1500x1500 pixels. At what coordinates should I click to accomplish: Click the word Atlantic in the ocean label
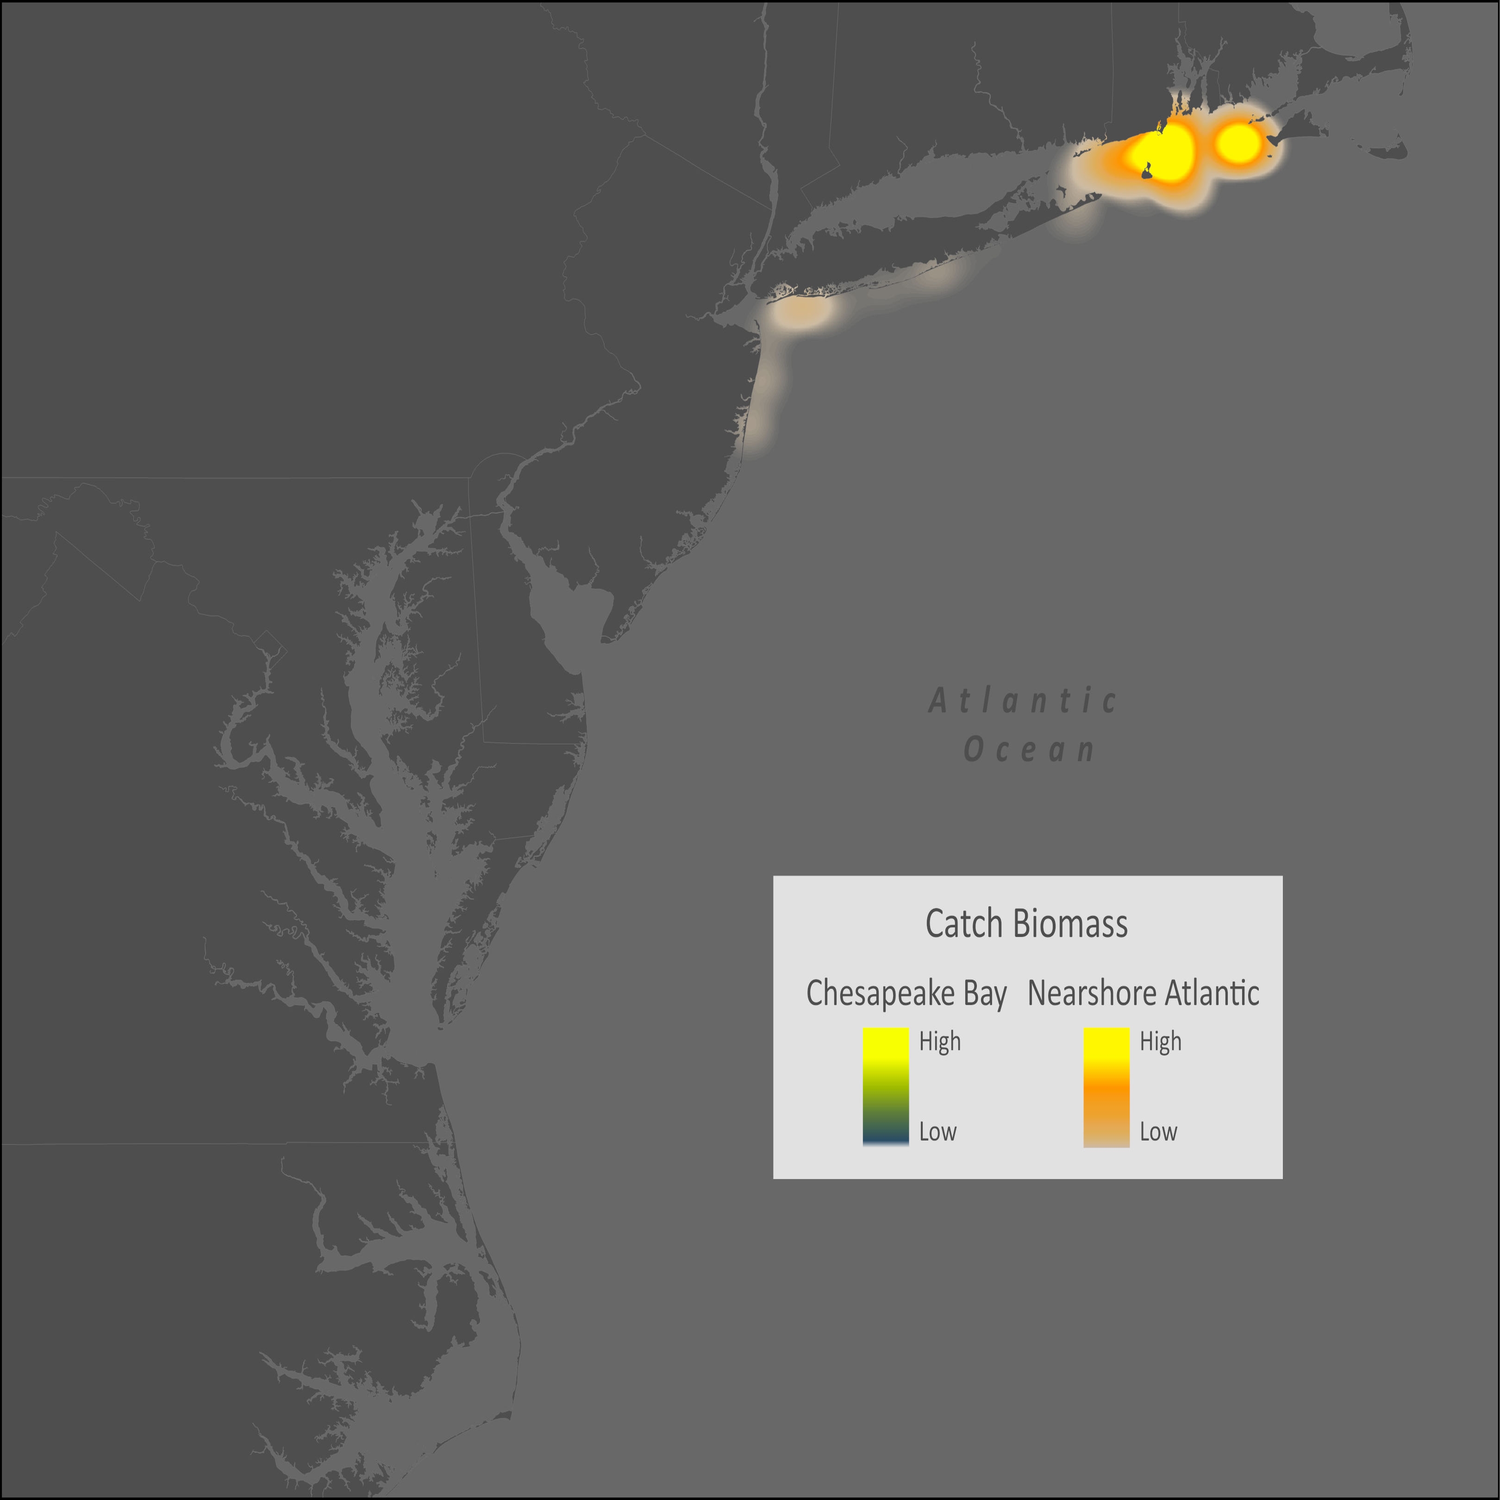coord(1023,701)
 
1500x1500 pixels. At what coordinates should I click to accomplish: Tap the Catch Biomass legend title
coord(1026,924)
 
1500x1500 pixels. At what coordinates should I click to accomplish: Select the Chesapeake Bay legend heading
coord(906,993)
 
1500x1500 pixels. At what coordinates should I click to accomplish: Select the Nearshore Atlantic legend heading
coord(1143,993)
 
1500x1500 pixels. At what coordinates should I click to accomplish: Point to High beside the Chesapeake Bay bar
coord(939,1041)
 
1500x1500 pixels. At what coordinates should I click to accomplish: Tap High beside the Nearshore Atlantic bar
coord(1160,1041)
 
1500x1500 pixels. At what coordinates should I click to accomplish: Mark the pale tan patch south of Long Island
coord(801,313)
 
